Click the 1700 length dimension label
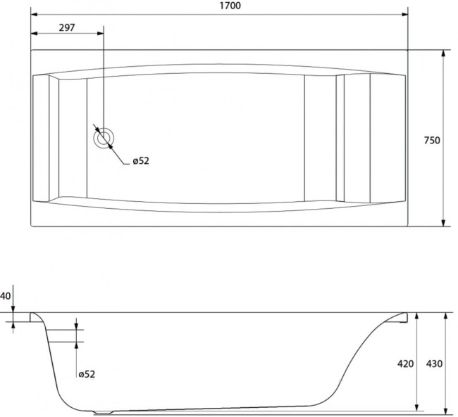point(230,6)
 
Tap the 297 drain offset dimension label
point(67,27)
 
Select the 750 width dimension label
point(432,141)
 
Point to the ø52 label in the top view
point(141,160)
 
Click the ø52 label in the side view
point(87,374)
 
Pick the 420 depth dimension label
point(405,364)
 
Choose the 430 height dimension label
point(434,364)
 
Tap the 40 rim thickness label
point(5,296)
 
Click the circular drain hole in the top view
point(104,139)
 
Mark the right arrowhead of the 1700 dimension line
point(404,14)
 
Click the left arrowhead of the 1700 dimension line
point(35,14)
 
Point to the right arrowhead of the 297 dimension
point(100,33)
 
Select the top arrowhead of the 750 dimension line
point(443,53)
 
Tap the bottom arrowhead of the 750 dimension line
point(443,223)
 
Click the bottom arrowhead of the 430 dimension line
point(445,411)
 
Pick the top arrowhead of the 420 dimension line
point(417,316)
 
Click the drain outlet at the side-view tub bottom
point(103,413)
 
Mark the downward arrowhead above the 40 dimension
point(13,309)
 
